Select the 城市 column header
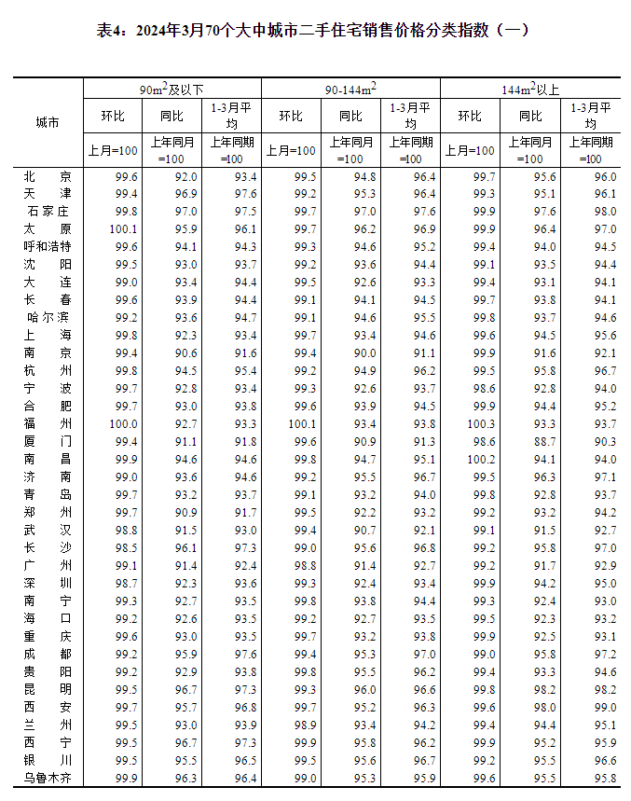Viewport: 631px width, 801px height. click(x=47, y=123)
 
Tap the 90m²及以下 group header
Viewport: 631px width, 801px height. click(x=172, y=90)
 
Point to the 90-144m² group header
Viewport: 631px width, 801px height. click(x=350, y=90)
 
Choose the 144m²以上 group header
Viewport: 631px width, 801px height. click(x=529, y=90)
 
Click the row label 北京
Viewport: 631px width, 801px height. click(x=47, y=176)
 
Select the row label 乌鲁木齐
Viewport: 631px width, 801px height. click(x=47, y=778)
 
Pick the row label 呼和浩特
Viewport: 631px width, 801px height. click(x=47, y=247)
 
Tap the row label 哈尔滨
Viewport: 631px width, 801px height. click(x=47, y=317)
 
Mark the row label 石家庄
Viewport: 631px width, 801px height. click(x=47, y=212)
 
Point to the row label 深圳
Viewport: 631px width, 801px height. click(x=47, y=583)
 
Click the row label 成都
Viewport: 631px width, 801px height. click(x=47, y=654)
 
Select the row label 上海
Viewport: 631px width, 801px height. click(x=47, y=335)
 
